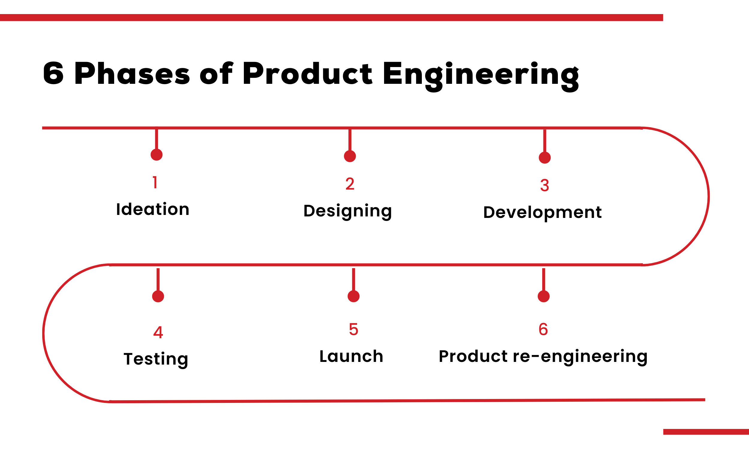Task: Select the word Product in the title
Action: click(x=307, y=74)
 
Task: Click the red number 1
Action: click(x=155, y=183)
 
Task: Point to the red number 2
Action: click(x=350, y=184)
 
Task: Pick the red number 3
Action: click(x=544, y=186)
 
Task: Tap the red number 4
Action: click(x=158, y=332)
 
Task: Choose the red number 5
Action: click(x=353, y=329)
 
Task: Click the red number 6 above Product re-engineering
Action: click(x=543, y=329)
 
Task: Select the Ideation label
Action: click(x=152, y=209)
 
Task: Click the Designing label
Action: click(x=347, y=211)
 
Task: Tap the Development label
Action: click(x=542, y=213)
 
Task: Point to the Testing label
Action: click(x=156, y=359)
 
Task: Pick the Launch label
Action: click(x=351, y=356)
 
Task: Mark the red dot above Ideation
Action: click(x=156, y=155)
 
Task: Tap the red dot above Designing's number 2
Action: click(x=350, y=156)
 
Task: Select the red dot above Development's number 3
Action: click(x=544, y=158)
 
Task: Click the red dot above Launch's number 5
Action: click(x=353, y=296)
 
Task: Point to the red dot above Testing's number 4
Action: click(x=158, y=296)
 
